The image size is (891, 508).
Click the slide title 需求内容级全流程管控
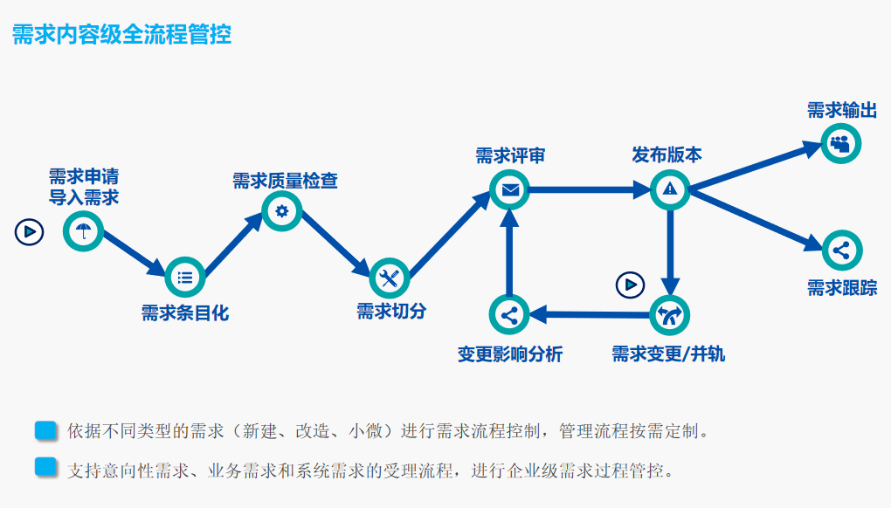coord(121,35)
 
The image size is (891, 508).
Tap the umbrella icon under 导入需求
coord(83,231)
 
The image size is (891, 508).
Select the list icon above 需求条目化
coord(184,278)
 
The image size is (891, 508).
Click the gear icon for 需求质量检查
coord(281,210)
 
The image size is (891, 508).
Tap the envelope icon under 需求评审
coord(510,189)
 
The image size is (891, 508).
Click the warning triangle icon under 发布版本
coord(670,189)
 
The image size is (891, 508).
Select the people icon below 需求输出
coord(840,144)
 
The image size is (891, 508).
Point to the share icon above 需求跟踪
coord(841,251)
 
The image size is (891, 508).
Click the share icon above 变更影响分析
coord(510,315)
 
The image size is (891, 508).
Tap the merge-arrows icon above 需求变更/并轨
coord(670,315)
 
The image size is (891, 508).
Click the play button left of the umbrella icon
coord(29,231)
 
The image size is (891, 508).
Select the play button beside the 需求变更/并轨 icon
coord(630,285)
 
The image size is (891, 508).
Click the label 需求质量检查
coord(285,181)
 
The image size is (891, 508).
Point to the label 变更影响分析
coord(510,354)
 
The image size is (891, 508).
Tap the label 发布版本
coord(667,155)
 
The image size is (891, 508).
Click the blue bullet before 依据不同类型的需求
coord(45,430)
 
